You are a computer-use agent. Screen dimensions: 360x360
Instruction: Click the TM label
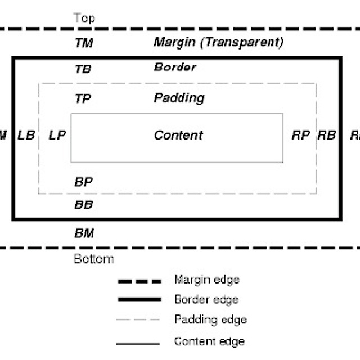click(84, 43)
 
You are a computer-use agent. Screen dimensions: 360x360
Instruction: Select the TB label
click(83, 69)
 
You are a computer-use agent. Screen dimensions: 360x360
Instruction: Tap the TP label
click(83, 98)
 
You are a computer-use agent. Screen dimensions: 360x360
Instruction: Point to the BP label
click(83, 182)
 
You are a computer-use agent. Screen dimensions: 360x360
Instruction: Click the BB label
click(83, 205)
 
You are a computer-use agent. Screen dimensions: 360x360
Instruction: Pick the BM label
click(84, 233)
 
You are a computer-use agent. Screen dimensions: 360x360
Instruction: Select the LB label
click(26, 135)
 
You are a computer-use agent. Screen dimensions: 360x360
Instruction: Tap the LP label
click(57, 135)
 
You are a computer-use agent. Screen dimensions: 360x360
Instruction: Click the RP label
click(300, 135)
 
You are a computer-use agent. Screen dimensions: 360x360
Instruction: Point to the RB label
click(327, 135)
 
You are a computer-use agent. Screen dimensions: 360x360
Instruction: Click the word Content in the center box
click(178, 135)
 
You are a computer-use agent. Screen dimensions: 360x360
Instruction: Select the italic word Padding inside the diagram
click(179, 98)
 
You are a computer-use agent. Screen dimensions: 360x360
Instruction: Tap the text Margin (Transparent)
click(219, 42)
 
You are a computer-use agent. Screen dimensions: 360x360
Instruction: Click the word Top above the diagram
click(84, 18)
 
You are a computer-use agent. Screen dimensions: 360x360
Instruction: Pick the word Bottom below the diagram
click(94, 259)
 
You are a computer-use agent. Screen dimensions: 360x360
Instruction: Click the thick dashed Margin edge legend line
click(139, 280)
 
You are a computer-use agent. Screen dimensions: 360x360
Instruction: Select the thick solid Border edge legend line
click(139, 299)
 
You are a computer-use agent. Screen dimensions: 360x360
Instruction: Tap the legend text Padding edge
click(210, 320)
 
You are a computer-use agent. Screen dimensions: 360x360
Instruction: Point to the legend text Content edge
click(209, 341)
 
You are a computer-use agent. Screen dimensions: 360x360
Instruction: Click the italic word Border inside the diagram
click(175, 67)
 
